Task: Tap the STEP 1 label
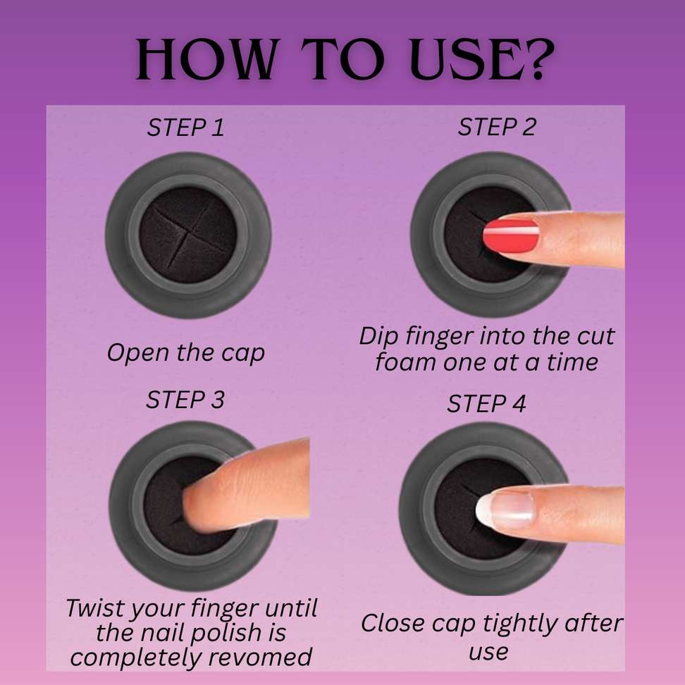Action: (x=185, y=128)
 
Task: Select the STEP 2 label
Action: (x=497, y=127)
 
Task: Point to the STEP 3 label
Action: (x=185, y=400)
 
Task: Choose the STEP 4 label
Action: (x=486, y=404)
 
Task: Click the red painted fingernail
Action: (x=511, y=235)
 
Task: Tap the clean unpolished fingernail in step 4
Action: (x=505, y=510)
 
